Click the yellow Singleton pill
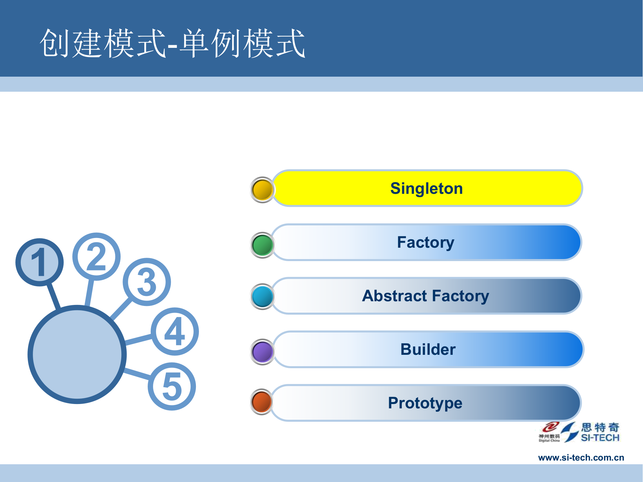coord(427,188)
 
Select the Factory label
coord(426,242)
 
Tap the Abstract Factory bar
coord(426,296)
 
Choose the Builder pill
coord(428,349)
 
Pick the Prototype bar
coord(425,403)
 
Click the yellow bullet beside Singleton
coord(263,190)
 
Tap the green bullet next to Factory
coord(263,245)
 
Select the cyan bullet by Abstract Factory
coord(263,297)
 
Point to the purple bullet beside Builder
coord(263,352)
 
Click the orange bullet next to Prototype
coord(262,402)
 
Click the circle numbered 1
coord(40,262)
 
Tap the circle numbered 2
coord(96,257)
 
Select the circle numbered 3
coord(147,282)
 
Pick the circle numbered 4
coord(175,331)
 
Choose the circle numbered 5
coord(172,387)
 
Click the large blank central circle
coord(77,354)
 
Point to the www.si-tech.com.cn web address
coord(581,458)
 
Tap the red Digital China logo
coord(550,432)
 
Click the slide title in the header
coord(172,44)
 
